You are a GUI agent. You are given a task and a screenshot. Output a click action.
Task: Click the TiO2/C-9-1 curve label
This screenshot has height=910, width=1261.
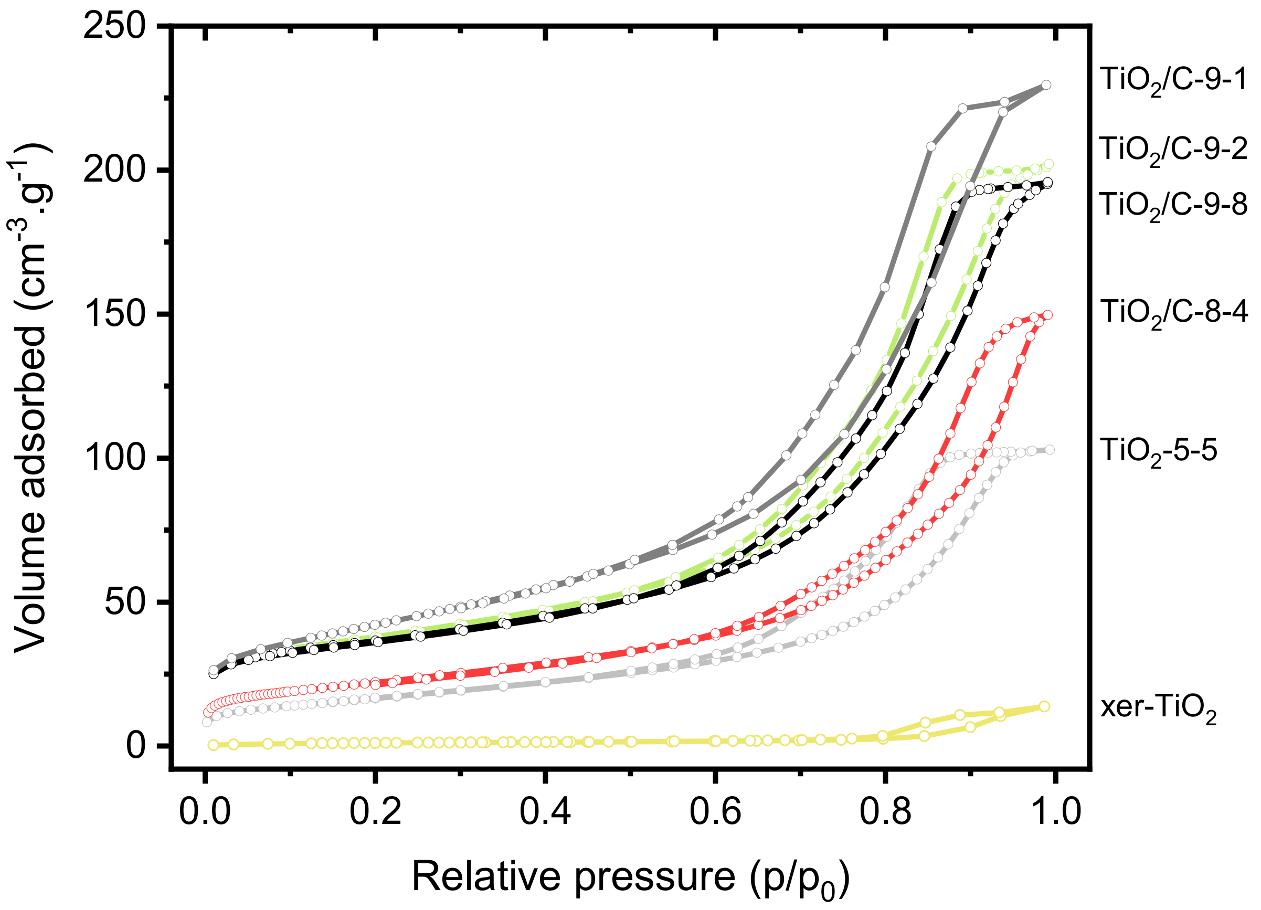(x=1174, y=81)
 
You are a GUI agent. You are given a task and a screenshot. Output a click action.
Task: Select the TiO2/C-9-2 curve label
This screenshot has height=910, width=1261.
(x=1174, y=150)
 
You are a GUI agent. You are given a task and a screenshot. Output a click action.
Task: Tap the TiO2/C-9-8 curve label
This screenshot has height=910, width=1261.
(x=1174, y=206)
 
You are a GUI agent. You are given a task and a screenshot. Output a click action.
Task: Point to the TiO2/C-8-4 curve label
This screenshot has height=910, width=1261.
(x=1174, y=312)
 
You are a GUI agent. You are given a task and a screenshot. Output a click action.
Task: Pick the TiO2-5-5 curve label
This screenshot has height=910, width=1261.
(x=1158, y=451)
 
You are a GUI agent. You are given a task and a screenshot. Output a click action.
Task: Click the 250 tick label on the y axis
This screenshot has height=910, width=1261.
(x=114, y=26)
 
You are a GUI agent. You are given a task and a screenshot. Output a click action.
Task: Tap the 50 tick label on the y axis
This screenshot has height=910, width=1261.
(x=124, y=602)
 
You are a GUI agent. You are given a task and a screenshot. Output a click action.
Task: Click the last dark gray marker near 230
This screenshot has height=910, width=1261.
(x=1046, y=85)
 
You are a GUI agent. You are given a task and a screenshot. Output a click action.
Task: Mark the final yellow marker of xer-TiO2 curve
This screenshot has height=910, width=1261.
(x=1045, y=706)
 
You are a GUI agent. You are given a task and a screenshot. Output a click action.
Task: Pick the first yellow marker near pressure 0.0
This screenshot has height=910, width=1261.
(x=213, y=745)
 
